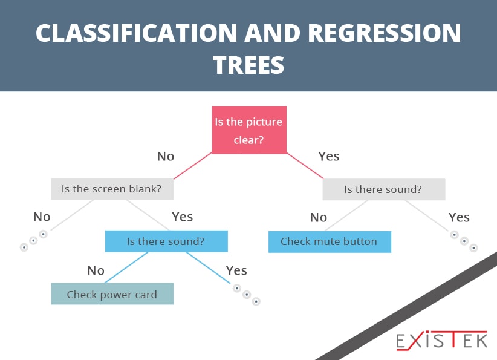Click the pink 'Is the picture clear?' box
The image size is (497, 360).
tap(249, 130)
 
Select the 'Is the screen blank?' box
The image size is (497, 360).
tap(112, 189)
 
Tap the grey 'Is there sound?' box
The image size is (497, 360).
tap(384, 189)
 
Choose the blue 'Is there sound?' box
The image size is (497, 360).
tap(166, 241)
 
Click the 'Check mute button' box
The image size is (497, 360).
tap(330, 242)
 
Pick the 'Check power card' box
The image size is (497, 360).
tap(112, 293)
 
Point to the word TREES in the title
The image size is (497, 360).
tap(248, 65)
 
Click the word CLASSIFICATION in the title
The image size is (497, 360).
tap(136, 33)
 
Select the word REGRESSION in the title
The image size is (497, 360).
tap(384, 33)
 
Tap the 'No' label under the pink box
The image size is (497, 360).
tap(166, 156)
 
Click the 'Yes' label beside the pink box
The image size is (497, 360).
tap(329, 156)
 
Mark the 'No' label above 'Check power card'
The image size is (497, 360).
tap(96, 270)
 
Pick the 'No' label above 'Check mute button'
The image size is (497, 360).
tap(319, 217)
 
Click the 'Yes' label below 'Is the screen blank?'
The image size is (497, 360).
tap(182, 217)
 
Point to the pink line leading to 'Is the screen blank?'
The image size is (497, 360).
tap(193, 166)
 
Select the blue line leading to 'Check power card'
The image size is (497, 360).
tap(126, 267)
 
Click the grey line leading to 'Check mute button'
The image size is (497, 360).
tap(346, 215)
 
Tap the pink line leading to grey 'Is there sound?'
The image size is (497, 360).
tap(305, 166)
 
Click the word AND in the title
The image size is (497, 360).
tap(272, 33)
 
